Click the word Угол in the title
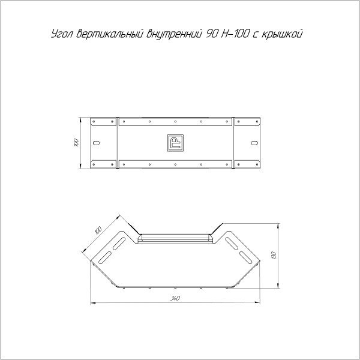point(62,34)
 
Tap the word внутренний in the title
point(174,34)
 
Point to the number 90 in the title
point(212,34)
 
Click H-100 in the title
point(235,34)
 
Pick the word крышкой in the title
point(282,34)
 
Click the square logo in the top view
point(175,143)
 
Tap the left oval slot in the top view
point(97,143)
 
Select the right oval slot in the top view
point(254,143)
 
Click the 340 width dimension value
point(175,298)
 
